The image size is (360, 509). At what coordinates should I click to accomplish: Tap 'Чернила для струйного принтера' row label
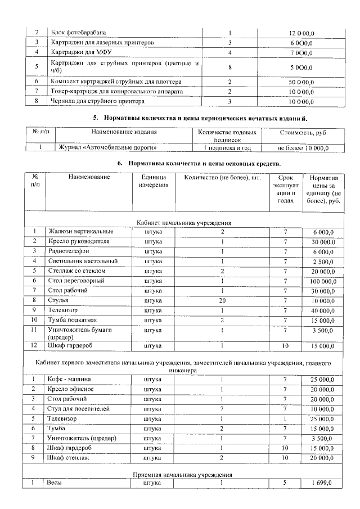(98, 101)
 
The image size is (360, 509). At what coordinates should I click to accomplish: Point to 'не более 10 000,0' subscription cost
(303, 148)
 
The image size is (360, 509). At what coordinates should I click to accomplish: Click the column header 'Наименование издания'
(124, 133)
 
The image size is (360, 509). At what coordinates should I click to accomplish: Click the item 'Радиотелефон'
(70, 251)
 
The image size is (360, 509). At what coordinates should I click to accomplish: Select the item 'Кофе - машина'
(70, 379)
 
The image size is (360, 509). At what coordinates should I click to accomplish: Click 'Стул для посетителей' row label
(79, 408)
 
